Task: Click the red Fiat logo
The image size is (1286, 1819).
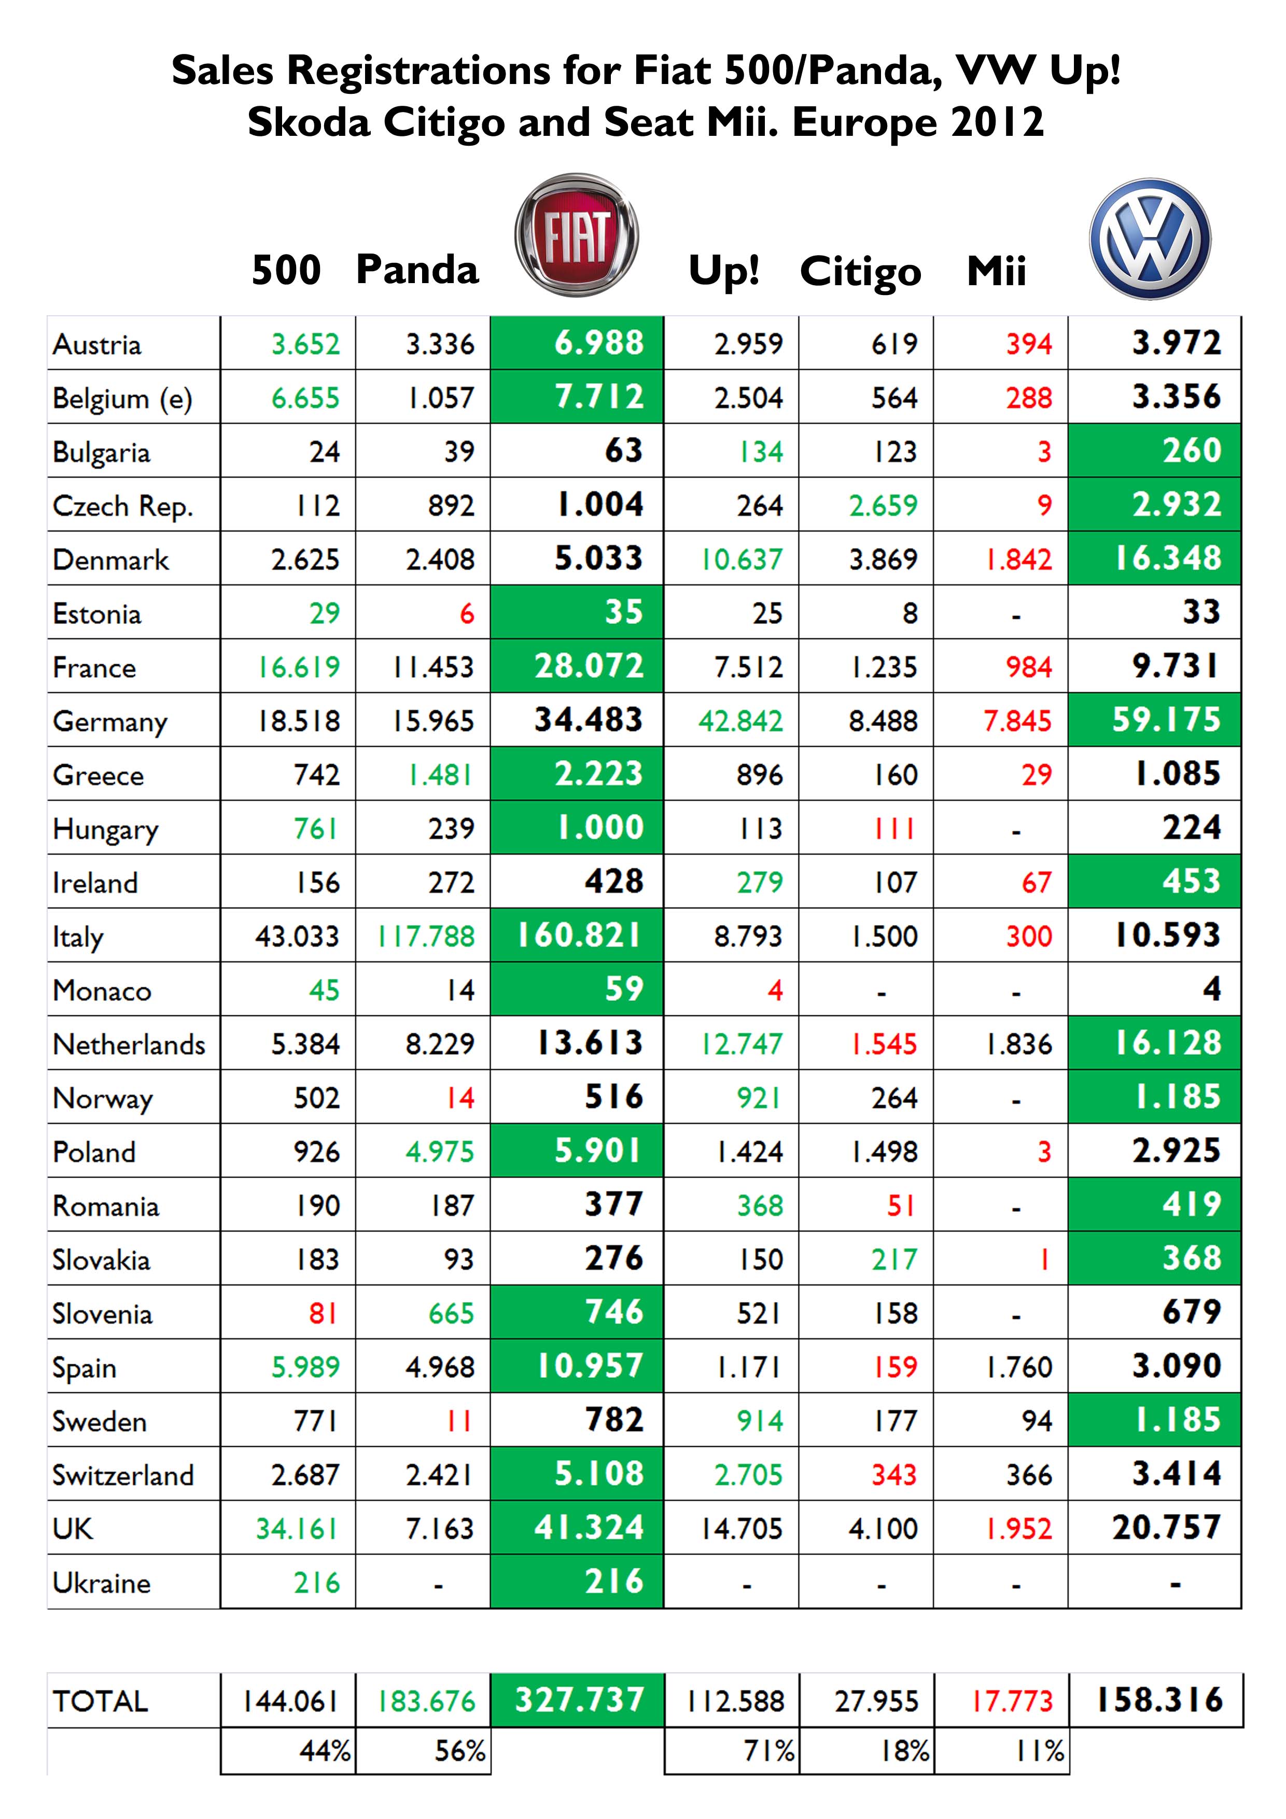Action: pyautogui.click(x=576, y=235)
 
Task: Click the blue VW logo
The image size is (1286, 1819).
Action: pyautogui.click(x=1150, y=239)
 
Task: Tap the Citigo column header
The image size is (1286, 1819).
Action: pyautogui.click(x=860, y=272)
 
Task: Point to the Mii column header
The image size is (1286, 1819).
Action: pyautogui.click(x=996, y=271)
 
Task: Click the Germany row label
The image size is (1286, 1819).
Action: pyautogui.click(x=110, y=722)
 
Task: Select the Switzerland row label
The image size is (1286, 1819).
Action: pyautogui.click(x=123, y=1475)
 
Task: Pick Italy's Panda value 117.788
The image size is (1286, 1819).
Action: pyautogui.click(x=426, y=936)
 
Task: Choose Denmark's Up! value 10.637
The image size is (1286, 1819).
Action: pyautogui.click(x=742, y=559)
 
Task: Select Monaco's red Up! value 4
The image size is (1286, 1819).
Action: pyautogui.click(x=774, y=990)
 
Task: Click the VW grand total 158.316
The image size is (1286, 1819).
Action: pyautogui.click(x=1159, y=1700)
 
